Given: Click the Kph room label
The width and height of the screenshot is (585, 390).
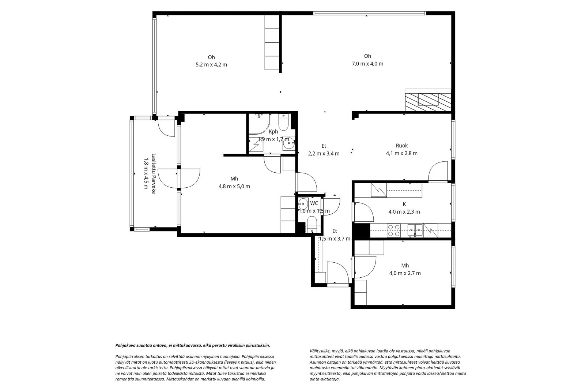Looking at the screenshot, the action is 273,132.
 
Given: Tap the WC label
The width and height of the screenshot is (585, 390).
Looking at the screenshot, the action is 314,203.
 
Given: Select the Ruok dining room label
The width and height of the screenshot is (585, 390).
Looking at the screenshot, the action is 402,146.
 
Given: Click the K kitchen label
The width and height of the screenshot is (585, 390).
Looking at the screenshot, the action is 404,204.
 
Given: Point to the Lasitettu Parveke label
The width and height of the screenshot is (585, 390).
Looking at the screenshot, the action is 154,173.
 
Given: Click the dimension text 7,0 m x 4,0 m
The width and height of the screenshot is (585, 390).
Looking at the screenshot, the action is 367,64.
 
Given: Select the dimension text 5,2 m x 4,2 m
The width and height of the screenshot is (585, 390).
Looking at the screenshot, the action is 211,65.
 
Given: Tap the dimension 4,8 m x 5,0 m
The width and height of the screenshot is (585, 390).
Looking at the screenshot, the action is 234,186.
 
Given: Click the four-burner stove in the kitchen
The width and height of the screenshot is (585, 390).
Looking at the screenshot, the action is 393,230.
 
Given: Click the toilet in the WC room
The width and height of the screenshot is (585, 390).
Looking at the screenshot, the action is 312,224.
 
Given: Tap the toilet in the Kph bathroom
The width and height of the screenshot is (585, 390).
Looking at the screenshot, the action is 283,122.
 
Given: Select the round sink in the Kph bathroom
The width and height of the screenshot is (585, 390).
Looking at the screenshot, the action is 289,143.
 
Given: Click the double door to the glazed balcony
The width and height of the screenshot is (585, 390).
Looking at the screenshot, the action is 179,179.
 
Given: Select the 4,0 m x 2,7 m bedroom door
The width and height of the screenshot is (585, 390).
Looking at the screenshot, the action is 364,267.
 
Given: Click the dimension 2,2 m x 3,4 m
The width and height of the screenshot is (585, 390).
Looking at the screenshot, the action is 324,154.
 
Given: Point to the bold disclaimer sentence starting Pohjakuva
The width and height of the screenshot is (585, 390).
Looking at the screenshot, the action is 193,345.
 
